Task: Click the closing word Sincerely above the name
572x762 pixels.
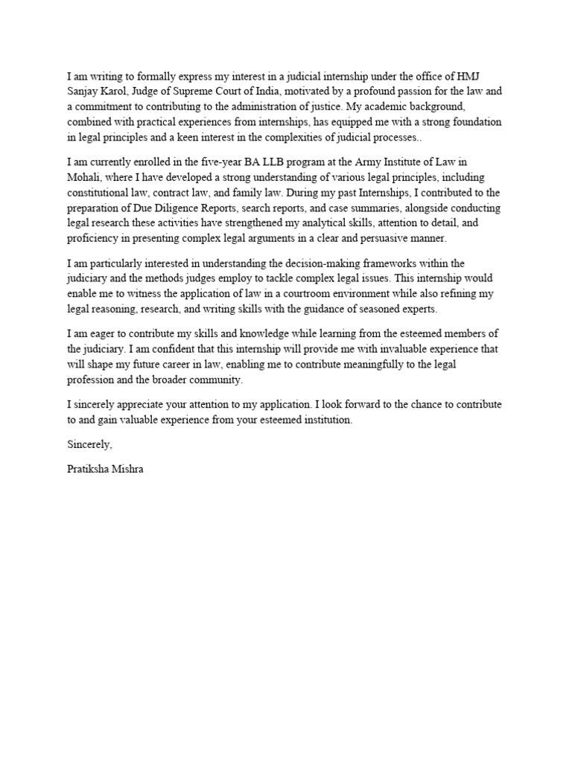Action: coord(89,445)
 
